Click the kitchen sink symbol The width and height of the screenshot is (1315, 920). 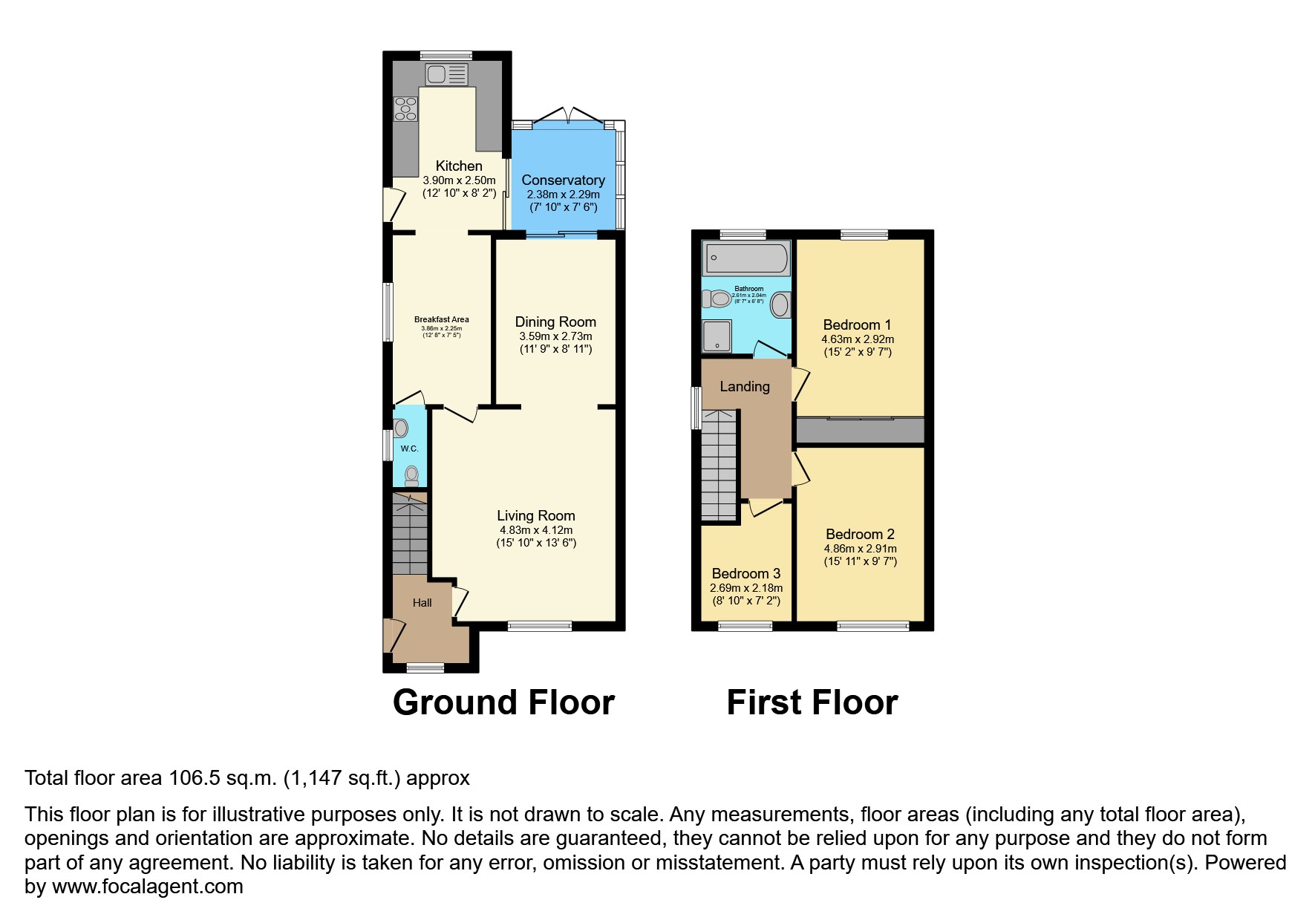(x=446, y=74)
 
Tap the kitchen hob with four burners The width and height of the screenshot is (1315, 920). (x=405, y=108)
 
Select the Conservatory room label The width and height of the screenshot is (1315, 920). (x=563, y=180)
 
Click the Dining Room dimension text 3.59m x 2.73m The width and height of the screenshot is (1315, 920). (x=555, y=336)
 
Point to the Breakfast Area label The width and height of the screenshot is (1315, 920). (x=441, y=319)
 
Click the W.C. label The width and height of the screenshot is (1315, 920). (x=409, y=448)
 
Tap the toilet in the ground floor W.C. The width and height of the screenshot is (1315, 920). (x=411, y=474)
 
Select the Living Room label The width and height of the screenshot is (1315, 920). (x=535, y=515)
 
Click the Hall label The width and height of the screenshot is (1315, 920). (x=422, y=602)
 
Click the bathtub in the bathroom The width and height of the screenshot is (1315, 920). (x=746, y=258)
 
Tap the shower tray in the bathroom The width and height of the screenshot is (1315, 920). (x=717, y=336)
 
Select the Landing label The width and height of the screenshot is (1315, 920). (x=744, y=386)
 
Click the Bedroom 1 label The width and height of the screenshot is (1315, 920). (x=857, y=324)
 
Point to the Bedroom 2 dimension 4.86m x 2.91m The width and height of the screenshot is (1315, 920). (x=860, y=549)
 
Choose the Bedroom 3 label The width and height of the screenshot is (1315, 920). (x=745, y=573)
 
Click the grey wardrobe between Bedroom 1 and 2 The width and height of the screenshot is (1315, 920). (x=860, y=431)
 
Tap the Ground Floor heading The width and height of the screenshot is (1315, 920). (x=503, y=702)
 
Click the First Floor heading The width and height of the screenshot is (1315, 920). (x=812, y=702)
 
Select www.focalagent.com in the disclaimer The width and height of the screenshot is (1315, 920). (x=147, y=887)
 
